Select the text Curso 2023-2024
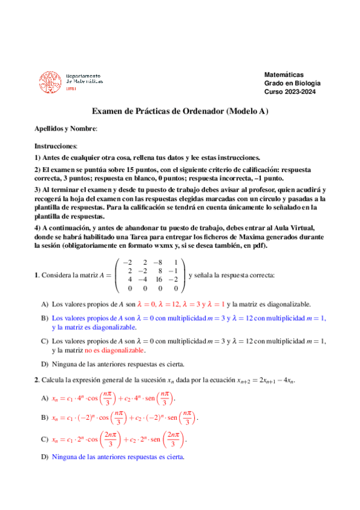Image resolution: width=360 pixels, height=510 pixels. [x=290, y=92]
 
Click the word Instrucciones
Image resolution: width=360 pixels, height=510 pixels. [x=55, y=146]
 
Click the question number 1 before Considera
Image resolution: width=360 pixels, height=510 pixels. [x=37, y=275]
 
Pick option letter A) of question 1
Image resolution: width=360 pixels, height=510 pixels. [x=44, y=304]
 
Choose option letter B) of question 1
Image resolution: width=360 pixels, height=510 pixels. [x=44, y=317]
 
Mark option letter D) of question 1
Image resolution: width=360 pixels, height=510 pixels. [x=44, y=364]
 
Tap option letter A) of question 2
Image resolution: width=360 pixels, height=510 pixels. [x=44, y=399]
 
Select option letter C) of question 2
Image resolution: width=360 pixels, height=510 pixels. [x=44, y=440]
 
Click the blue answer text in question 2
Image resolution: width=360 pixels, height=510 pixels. [x=118, y=457]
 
